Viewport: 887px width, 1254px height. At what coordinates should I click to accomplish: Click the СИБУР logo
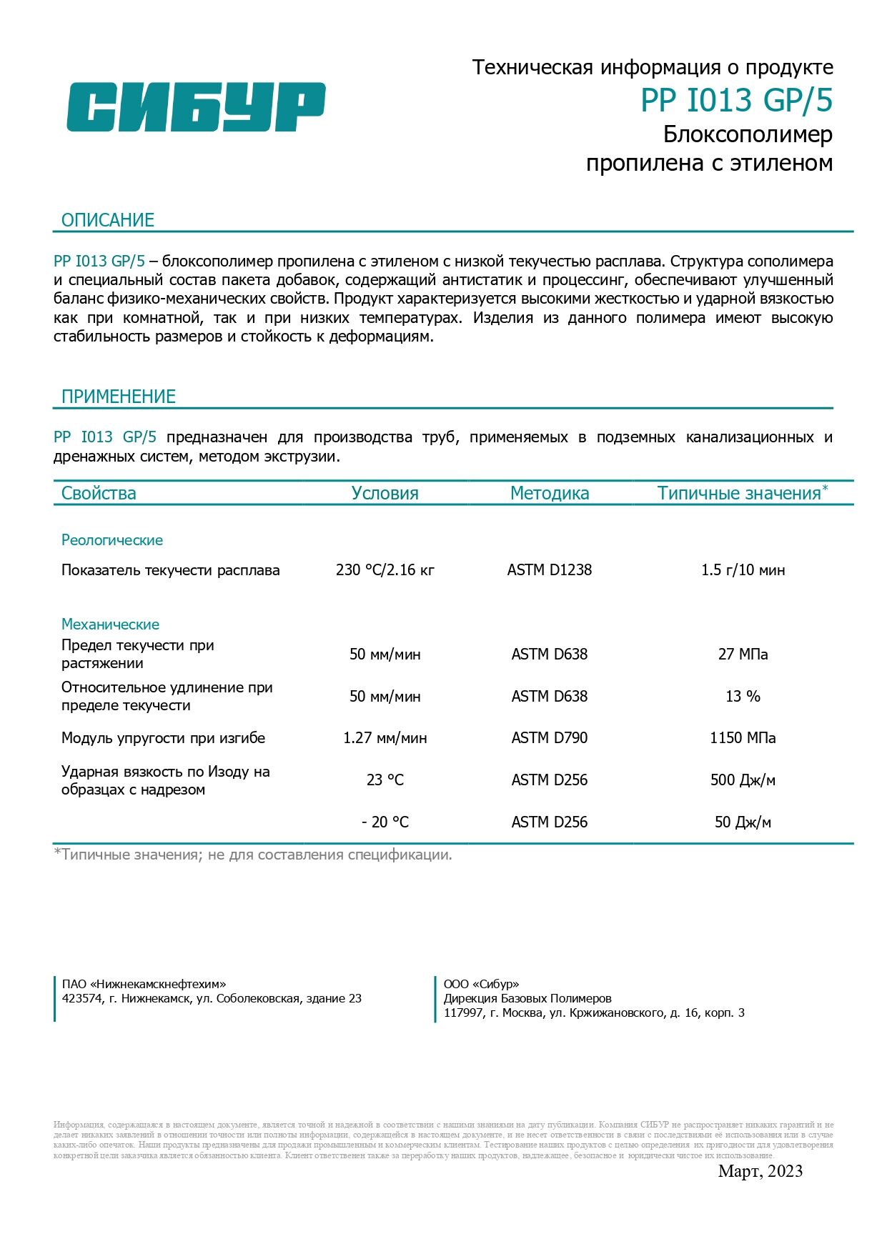[196, 107]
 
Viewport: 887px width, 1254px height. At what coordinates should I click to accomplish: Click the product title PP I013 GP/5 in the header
[736, 101]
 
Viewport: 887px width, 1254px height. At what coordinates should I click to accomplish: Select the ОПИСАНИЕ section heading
[108, 220]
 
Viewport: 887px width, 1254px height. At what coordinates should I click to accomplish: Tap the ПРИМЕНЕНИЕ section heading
[119, 397]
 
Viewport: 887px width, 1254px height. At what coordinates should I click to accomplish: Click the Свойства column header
[99, 493]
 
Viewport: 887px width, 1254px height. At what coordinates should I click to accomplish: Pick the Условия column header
[385, 493]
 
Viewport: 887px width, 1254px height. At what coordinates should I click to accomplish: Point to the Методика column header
[550, 493]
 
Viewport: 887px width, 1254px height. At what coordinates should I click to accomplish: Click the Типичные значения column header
[740, 493]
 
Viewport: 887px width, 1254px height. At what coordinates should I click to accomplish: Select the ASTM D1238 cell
[550, 570]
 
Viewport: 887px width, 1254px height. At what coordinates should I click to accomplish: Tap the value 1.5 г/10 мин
[743, 570]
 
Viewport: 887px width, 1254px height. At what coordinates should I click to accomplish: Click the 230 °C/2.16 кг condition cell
[385, 570]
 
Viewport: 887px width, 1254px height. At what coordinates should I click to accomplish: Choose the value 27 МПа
[743, 655]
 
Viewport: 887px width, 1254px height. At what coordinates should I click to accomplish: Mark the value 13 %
[743, 697]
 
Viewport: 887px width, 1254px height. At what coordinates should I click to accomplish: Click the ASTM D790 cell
[550, 738]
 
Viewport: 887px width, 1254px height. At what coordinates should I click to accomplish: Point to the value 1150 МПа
[743, 738]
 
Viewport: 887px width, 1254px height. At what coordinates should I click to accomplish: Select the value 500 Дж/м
[743, 780]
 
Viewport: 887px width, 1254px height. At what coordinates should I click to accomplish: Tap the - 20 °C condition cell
[385, 822]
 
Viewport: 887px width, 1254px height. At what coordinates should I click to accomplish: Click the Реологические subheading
[112, 540]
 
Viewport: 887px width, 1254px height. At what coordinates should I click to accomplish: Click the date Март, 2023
[760, 1171]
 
